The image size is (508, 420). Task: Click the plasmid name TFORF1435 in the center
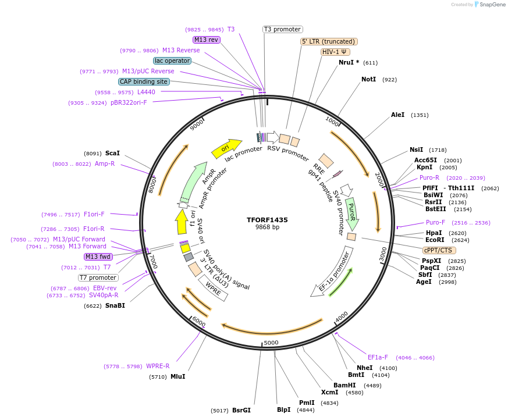point(267,220)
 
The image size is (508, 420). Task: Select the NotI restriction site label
point(368,79)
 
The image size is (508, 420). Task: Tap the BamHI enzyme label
point(344,385)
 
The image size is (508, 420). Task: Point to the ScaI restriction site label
point(112,153)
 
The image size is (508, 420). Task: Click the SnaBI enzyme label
point(115,305)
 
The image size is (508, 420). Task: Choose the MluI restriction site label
point(177,376)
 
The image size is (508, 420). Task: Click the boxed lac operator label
point(172,60)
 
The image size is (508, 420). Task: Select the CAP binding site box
point(144,82)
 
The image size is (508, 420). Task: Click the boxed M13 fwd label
point(98,257)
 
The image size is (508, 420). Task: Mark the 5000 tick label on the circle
point(271,343)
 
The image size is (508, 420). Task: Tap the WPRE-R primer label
point(157,366)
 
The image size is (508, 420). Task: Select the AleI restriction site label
point(397,115)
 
